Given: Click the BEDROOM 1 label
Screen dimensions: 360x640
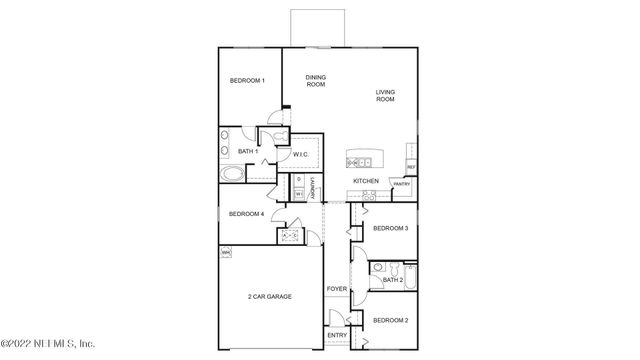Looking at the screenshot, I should (x=246, y=81).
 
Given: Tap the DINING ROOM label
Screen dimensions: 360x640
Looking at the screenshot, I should (x=316, y=81).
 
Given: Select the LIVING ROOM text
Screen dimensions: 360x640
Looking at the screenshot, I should (x=385, y=96).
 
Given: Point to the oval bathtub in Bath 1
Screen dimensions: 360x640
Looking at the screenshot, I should (x=232, y=173).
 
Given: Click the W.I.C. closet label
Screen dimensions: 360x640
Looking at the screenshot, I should (x=301, y=154).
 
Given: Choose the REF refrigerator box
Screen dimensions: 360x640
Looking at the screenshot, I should (x=411, y=166).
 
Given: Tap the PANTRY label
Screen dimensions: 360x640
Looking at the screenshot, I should (x=401, y=184).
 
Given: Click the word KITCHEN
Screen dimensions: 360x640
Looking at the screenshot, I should (x=366, y=181).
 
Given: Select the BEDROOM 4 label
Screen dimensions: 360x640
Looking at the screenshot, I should (x=246, y=214).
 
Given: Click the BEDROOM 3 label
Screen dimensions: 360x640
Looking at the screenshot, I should (x=390, y=228).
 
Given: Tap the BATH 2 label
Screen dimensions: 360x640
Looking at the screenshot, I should (x=393, y=280).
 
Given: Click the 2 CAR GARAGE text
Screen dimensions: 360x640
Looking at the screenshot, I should (x=270, y=297).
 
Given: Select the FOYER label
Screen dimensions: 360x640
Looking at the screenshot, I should (x=337, y=289).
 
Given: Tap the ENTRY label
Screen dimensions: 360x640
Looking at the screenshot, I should (x=337, y=335).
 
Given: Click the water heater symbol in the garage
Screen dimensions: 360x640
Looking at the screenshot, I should (x=226, y=254).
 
